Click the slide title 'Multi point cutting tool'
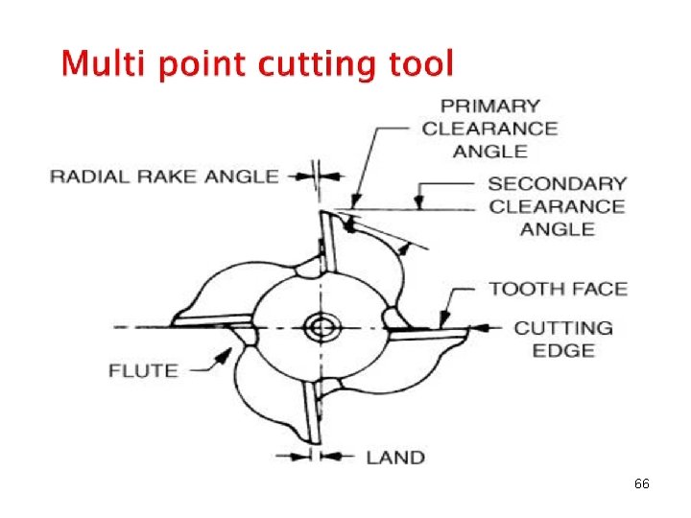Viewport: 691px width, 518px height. [x=255, y=64]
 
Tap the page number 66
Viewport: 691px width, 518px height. [x=642, y=484]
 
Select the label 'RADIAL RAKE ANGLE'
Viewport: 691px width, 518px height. [x=164, y=176]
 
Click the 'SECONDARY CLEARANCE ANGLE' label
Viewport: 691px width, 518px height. [x=557, y=205]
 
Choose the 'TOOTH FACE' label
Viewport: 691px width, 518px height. [x=558, y=289]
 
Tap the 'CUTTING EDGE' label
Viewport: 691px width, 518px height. [x=563, y=339]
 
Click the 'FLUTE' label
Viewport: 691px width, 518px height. [x=143, y=370]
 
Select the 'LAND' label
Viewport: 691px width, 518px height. [x=395, y=457]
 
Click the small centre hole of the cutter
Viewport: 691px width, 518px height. [x=319, y=328]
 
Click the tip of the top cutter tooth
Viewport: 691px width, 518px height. [x=323, y=213]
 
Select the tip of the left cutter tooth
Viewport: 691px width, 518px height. [x=174, y=320]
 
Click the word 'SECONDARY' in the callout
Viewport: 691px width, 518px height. [x=557, y=183]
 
